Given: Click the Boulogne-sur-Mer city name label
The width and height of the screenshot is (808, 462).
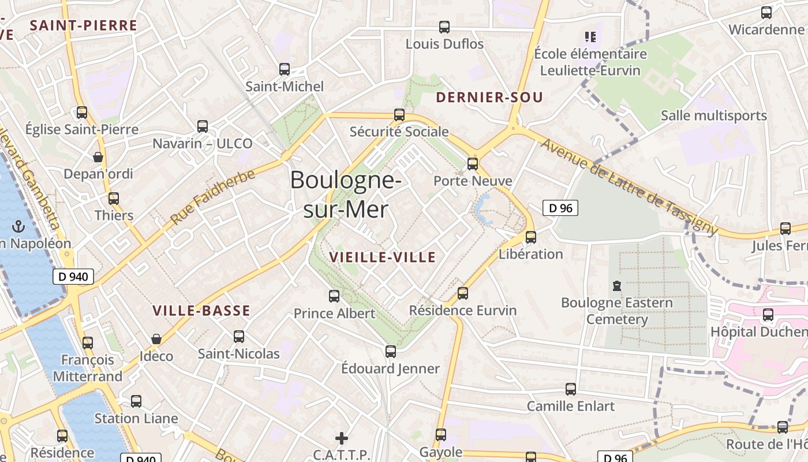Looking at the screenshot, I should tap(346, 195).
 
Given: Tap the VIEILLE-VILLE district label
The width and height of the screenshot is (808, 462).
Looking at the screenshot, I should tap(382, 258).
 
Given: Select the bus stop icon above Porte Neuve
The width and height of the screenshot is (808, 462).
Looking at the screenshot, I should tap(473, 164).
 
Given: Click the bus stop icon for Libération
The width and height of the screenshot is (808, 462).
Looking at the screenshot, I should tap(531, 237).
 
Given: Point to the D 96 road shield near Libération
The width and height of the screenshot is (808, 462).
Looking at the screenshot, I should tap(560, 208).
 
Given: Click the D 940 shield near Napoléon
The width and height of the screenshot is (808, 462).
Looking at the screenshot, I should tap(73, 277).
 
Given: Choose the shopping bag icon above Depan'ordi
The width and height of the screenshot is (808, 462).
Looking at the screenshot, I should tap(98, 157).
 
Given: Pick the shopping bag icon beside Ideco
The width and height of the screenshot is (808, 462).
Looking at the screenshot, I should tap(156, 339).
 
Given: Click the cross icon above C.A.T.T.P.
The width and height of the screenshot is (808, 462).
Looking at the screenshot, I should tap(342, 438).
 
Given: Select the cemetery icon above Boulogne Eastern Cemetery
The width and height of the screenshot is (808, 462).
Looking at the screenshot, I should tap(617, 285).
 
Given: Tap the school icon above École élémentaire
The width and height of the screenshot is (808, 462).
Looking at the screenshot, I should tap(590, 37).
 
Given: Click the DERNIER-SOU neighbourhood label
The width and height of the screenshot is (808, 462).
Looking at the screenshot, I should tap(489, 98).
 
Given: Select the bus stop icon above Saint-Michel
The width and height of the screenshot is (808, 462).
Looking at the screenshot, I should tap(285, 69).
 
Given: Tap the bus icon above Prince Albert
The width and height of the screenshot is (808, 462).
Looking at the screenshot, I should tap(334, 296).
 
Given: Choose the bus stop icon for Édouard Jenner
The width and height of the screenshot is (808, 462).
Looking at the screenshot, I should tap(391, 351).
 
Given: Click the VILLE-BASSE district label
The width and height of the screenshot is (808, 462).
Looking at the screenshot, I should tap(201, 311).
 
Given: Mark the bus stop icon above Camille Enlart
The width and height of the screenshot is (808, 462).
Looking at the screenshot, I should tap(571, 389).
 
